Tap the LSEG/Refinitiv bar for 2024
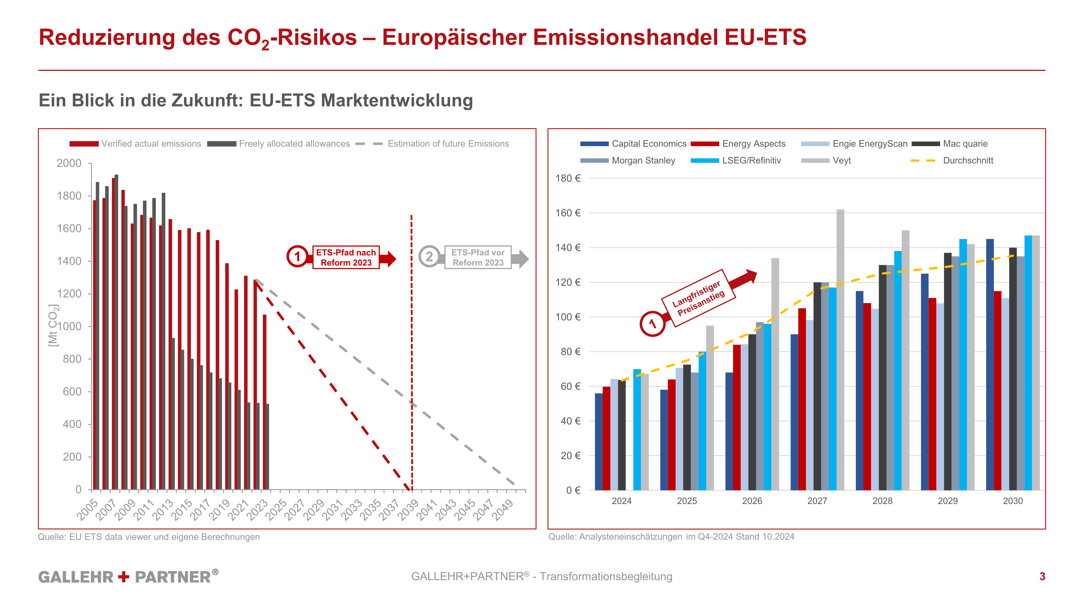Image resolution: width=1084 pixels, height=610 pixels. tap(637, 429)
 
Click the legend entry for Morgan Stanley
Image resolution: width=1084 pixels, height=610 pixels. tap(643, 160)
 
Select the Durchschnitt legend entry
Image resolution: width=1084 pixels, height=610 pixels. tap(968, 160)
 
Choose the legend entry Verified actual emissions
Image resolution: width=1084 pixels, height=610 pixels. tap(151, 144)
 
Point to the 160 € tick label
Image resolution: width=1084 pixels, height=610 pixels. tap(568, 213)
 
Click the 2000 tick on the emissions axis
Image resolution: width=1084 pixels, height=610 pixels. tap(69, 163)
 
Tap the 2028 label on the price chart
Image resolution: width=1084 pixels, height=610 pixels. tap(882, 501)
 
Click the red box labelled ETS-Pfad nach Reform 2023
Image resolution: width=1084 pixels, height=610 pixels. tap(346, 258)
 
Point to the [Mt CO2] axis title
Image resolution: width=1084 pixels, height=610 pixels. tap(53, 325)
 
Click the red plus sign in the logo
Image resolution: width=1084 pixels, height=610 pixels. tap(124, 576)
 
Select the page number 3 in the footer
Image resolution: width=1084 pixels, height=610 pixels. tap(1042, 576)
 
